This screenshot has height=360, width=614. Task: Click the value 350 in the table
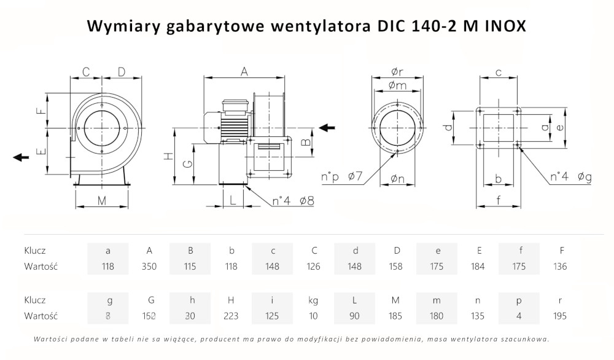pyautogui.click(x=149, y=267)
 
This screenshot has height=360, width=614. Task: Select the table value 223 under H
pyautogui.click(x=231, y=316)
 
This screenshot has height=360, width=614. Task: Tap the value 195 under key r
pyautogui.click(x=560, y=316)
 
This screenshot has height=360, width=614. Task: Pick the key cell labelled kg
pyautogui.click(x=313, y=300)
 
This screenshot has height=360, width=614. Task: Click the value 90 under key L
pyautogui.click(x=354, y=316)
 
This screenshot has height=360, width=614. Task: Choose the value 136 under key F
pyautogui.click(x=560, y=267)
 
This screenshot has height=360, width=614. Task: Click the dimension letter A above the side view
pyautogui.click(x=244, y=72)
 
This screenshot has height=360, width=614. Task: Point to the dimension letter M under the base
pyautogui.click(x=102, y=200)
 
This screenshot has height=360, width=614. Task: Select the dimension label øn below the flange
pyautogui.click(x=396, y=179)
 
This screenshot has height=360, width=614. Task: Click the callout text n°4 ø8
pyautogui.click(x=293, y=200)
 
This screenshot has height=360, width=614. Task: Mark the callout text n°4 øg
pyautogui.click(x=571, y=178)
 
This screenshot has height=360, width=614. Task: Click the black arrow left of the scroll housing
pyautogui.click(x=21, y=157)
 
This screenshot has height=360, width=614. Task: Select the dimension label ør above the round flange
pyautogui.click(x=397, y=72)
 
